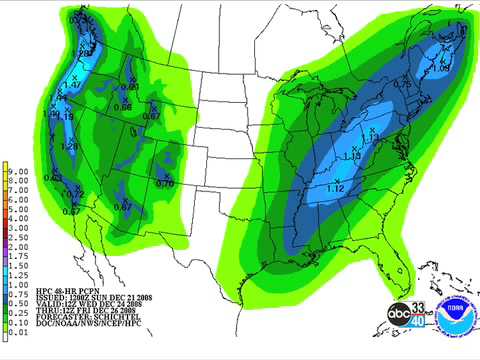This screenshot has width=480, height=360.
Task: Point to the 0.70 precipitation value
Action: click(165, 183)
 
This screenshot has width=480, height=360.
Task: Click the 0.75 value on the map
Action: click(403, 85)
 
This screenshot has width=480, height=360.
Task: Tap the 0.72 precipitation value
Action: click(75, 192)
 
